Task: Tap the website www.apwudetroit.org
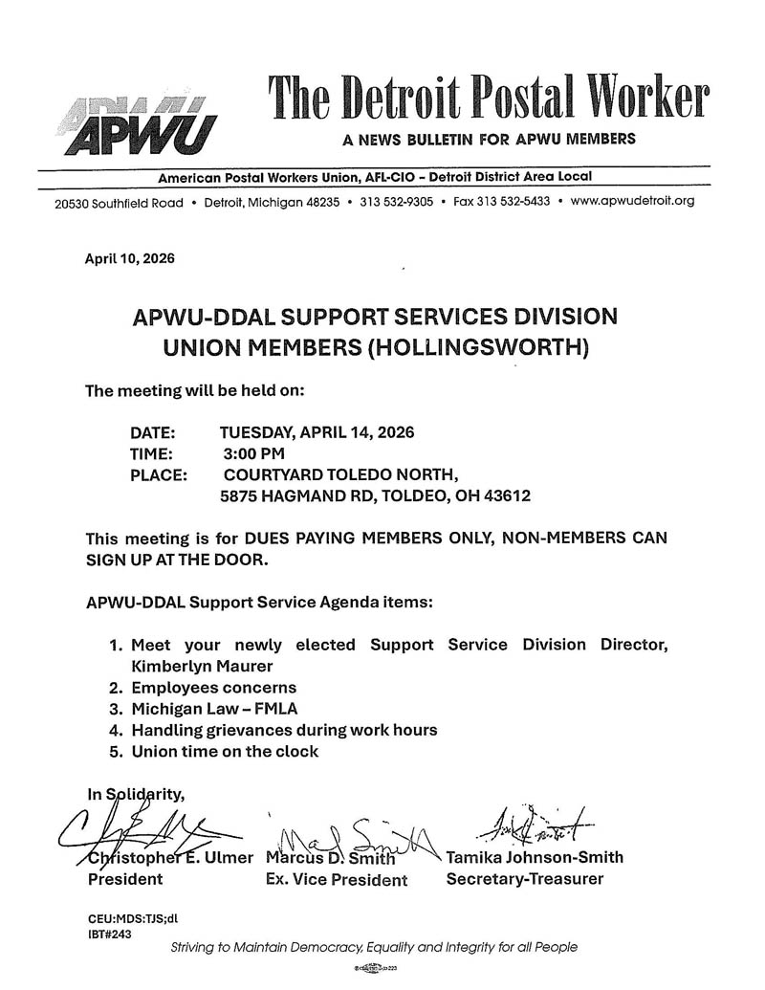pyautogui.click(x=632, y=201)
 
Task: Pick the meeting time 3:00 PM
pyautogui.click(x=254, y=452)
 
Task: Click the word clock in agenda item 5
pyautogui.click(x=295, y=751)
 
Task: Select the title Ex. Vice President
pyautogui.click(x=337, y=880)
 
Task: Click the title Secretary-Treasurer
pyautogui.click(x=525, y=878)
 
